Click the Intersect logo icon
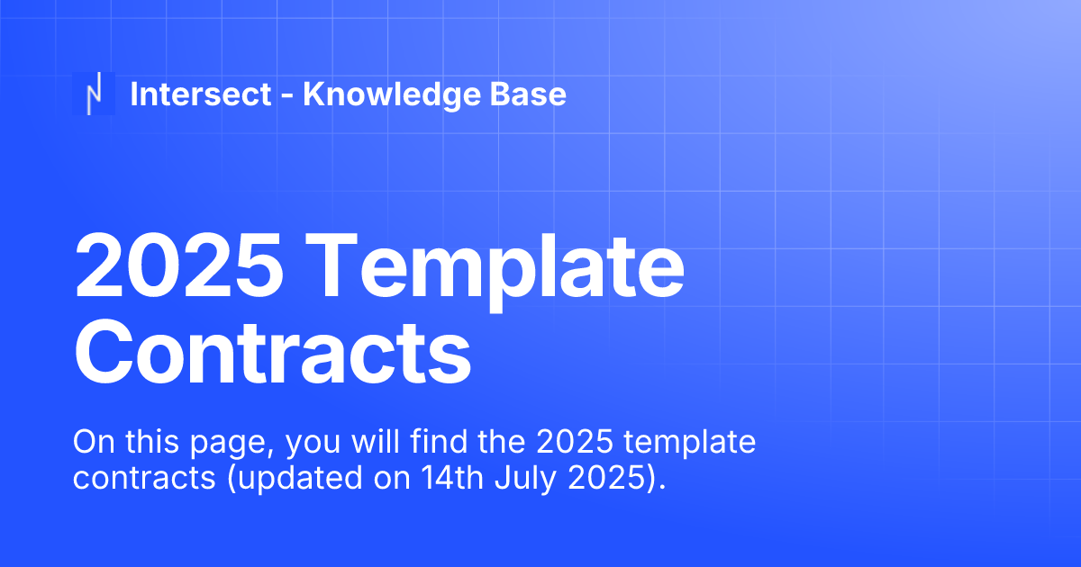click(94, 94)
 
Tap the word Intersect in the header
click(201, 94)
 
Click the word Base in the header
click(532, 94)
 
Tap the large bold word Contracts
click(272, 354)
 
